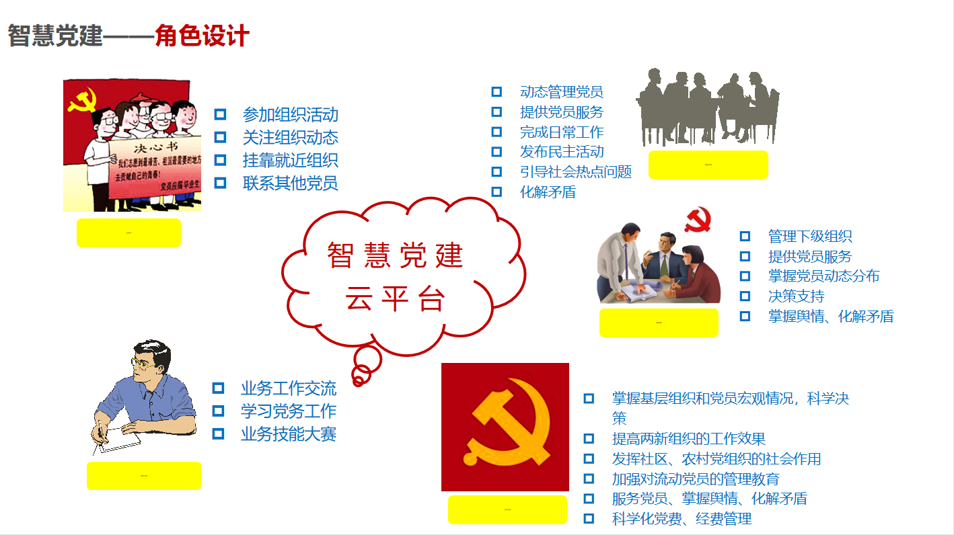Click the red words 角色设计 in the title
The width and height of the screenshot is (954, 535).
(x=202, y=36)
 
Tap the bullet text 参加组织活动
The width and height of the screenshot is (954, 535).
(x=290, y=115)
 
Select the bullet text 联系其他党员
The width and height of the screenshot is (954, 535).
(x=290, y=183)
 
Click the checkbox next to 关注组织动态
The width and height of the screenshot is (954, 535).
(x=220, y=138)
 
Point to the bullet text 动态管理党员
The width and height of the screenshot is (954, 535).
(x=561, y=92)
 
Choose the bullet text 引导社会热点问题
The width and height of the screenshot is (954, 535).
(x=575, y=172)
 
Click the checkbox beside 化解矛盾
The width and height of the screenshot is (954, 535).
(x=497, y=192)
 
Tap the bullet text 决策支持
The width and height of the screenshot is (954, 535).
(x=796, y=296)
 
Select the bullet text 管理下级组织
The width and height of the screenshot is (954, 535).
(x=810, y=237)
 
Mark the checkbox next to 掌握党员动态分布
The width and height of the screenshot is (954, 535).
(x=745, y=276)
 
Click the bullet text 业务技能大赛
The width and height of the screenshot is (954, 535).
(x=288, y=434)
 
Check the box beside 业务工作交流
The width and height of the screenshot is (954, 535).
(x=218, y=388)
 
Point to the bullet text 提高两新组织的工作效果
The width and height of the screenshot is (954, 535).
(x=688, y=439)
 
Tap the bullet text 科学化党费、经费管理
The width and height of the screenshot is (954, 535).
(x=682, y=519)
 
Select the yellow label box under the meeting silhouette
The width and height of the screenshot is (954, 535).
(x=708, y=165)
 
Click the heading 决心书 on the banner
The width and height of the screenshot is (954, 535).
(x=149, y=149)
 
